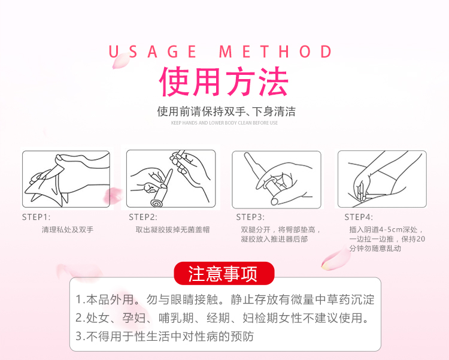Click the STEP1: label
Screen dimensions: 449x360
[x=36, y=217]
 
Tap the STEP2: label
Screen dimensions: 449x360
[x=143, y=217]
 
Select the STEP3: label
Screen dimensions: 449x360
[x=250, y=217]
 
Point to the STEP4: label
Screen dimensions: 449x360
[x=359, y=217]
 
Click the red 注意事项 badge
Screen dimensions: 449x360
[x=224, y=273]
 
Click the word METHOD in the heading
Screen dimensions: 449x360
[x=275, y=52]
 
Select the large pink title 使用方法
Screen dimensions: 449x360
[x=224, y=81]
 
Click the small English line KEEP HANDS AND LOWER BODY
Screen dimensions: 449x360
[x=224, y=123]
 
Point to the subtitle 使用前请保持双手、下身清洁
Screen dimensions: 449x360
[x=226, y=111]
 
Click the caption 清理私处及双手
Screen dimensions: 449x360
[x=68, y=229]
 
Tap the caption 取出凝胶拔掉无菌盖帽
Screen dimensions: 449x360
[x=172, y=229]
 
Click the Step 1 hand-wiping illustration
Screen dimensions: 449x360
[x=66, y=179]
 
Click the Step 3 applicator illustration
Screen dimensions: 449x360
[x=277, y=180]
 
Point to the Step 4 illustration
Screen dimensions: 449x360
[x=382, y=179]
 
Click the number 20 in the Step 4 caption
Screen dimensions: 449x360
[x=421, y=239]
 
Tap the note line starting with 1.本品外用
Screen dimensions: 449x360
[x=225, y=300]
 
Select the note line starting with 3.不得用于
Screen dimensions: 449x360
[x=165, y=336]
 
